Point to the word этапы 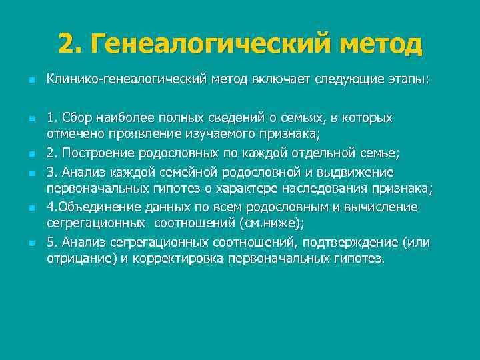(x=408, y=80)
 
